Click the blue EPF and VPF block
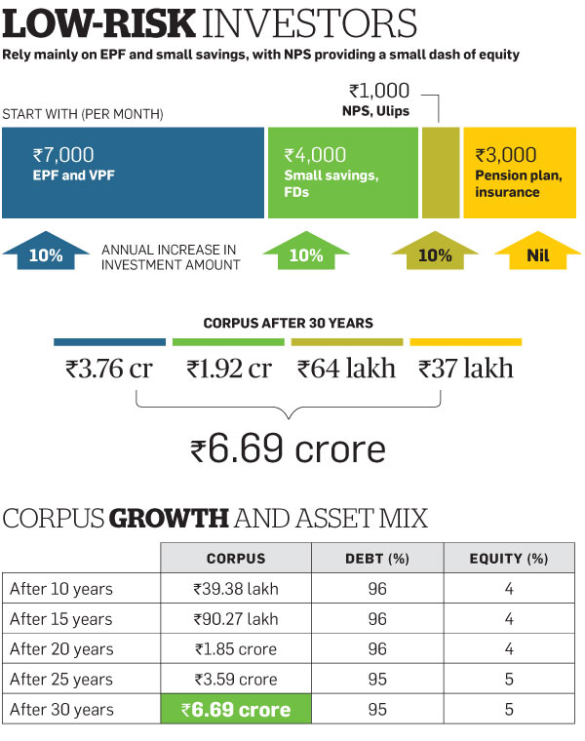(133, 173)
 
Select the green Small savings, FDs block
(340, 173)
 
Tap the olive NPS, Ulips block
(440, 173)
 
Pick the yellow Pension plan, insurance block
(520, 173)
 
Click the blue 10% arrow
(45, 255)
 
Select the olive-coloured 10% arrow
(435, 255)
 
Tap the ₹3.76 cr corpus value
(108, 369)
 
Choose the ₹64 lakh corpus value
(347, 369)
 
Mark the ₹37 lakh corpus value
(466, 369)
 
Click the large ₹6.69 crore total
(289, 449)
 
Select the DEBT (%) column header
(377, 559)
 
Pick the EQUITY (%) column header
(509, 559)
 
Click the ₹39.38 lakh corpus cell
(235, 589)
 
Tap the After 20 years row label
(60, 649)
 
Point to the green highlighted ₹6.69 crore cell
(235, 709)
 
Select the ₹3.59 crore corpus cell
(235, 679)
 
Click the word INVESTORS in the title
(305, 23)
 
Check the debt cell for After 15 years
(377, 619)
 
